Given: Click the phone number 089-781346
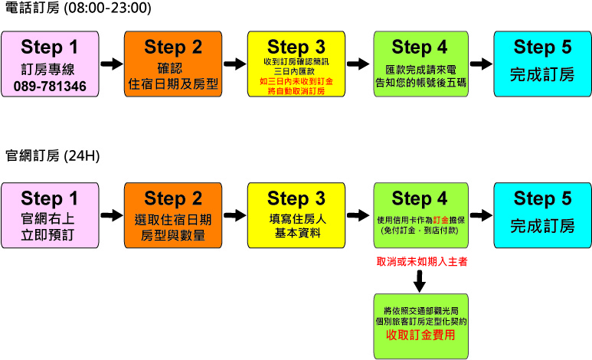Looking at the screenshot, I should coord(50,84).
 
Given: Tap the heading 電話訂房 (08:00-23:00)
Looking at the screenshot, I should coord(77,9).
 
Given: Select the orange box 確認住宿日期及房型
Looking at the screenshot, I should coord(173,64).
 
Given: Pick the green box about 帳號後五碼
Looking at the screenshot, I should coord(418,64).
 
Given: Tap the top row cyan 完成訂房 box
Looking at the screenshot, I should coord(542,64).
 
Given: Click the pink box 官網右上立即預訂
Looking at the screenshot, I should coord(50,216).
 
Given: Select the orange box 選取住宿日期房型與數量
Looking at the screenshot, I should coord(173,216).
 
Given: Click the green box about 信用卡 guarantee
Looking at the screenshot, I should coord(418,216).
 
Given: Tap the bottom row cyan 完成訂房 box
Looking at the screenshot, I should coord(542,216).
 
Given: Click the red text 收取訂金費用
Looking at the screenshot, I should coord(420,335).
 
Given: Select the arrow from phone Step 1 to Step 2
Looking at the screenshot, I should coord(112,64).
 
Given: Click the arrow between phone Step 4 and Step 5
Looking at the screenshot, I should coord(480,64).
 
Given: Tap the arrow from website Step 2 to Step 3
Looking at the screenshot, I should coord(234,215).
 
